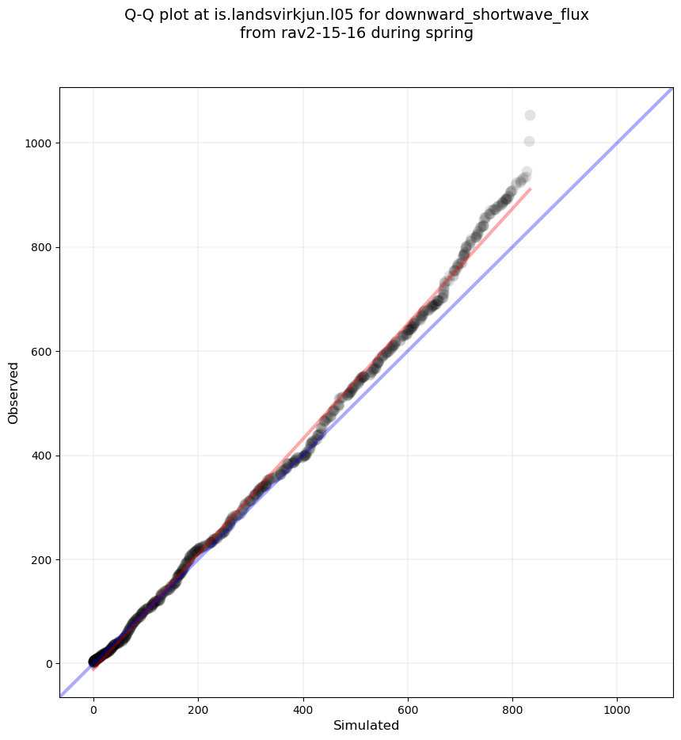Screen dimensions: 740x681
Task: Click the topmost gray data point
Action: point(530,116)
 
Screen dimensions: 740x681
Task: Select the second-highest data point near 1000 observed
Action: point(529,142)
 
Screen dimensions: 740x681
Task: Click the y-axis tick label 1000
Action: point(40,143)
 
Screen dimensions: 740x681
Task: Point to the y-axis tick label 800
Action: point(43,247)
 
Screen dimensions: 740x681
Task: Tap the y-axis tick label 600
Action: point(43,352)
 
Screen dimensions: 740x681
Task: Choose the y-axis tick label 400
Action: point(43,456)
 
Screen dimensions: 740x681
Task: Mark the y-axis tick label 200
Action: point(43,560)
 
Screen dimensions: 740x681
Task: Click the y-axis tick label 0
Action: point(49,664)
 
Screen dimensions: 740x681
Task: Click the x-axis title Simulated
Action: point(366,726)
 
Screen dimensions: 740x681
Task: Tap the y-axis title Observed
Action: point(13,393)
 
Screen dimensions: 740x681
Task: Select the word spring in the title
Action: point(450,34)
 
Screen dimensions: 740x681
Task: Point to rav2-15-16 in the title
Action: point(311,34)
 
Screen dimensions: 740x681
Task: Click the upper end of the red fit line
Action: point(529,189)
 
